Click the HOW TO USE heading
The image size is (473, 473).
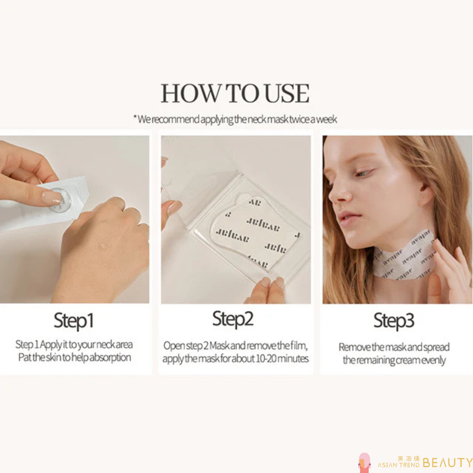coord(235,93)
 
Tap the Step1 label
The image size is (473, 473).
coord(74,321)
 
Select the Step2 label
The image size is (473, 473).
coord(233,319)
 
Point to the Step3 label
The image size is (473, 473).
coord(394,321)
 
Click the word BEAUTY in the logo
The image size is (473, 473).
coord(448,462)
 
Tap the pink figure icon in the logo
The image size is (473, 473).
coord(364,463)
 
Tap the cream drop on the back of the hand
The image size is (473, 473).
coord(102,246)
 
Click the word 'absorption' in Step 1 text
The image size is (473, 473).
coord(109,357)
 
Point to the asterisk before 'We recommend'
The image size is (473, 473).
coord(135,117)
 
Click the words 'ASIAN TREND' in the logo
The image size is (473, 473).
coord(398,465)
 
